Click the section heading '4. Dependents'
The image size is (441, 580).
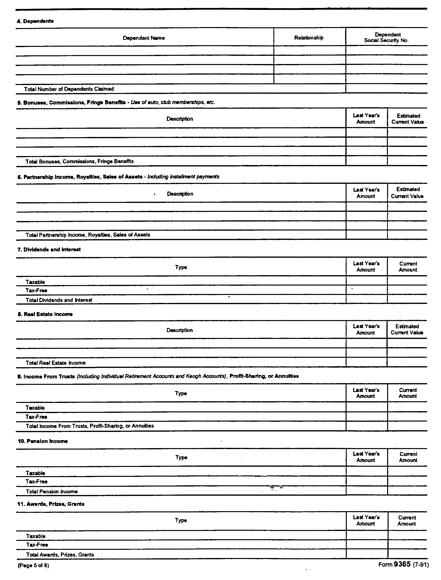36,21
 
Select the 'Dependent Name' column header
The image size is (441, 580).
144,38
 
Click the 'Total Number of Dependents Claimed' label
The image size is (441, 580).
69,89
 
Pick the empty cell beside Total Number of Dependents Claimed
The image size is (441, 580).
386,89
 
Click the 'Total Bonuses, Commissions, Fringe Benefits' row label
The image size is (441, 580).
79,161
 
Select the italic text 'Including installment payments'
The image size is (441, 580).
183,177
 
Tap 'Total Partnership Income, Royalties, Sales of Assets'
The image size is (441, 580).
88,235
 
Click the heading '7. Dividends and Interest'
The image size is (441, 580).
49,250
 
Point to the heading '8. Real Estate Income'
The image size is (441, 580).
45,314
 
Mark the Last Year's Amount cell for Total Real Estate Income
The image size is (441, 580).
366,363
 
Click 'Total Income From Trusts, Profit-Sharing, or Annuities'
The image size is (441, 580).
90,426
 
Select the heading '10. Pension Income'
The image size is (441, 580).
43,441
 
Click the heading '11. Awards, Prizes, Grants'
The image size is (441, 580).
51,504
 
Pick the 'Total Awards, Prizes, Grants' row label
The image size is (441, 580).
60,555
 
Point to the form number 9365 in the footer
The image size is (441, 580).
402,564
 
